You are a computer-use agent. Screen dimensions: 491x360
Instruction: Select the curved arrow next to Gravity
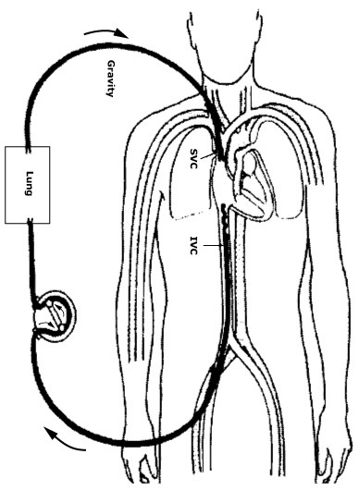point(102,34)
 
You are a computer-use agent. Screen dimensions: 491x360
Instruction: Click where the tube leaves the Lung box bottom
point(33,222)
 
